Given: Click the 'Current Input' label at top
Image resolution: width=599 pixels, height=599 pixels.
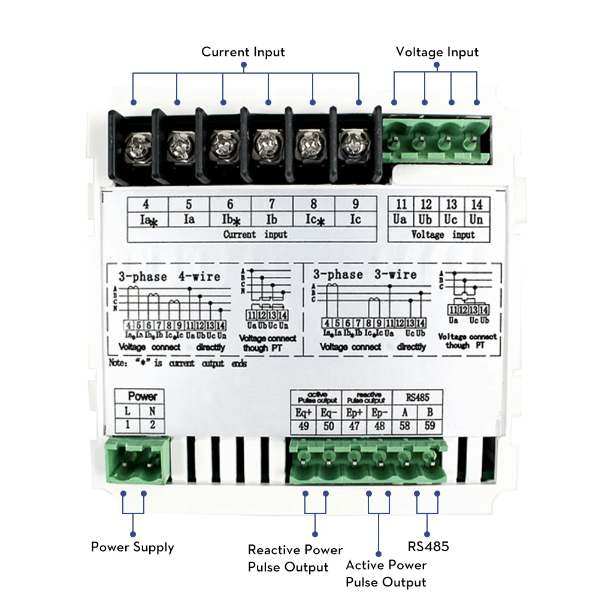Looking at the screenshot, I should tap(243, 52).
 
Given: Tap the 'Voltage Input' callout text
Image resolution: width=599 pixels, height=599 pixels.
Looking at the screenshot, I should tap(437, 52).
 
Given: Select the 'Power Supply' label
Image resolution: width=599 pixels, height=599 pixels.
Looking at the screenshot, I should tap(132, 547).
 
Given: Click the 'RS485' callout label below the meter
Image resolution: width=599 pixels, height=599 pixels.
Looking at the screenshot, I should tap(428, 546).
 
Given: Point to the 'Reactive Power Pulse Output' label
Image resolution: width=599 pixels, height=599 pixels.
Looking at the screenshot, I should tap(295, 558).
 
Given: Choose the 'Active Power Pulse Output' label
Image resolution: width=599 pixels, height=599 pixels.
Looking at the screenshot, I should tap(386, 573).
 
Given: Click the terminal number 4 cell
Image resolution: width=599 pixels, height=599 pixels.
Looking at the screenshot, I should tap(147, 204).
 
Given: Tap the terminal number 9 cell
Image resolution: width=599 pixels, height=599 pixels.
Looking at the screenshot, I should tap(356, 204).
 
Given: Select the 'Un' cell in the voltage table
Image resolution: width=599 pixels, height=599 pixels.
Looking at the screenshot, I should tap(476, 219).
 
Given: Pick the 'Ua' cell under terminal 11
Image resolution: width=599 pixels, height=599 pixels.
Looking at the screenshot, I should tap(400, 219).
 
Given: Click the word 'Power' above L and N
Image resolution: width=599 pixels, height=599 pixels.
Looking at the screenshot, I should tap(143, 397).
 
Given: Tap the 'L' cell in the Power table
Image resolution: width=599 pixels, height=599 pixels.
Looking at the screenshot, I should tap(127, 412).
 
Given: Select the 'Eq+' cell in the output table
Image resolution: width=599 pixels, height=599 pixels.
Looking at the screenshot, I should tap(304, 412).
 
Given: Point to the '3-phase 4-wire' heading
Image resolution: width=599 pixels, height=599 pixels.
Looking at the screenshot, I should tap(169, 277).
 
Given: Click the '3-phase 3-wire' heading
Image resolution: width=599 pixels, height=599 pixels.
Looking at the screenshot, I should tap(365, 274).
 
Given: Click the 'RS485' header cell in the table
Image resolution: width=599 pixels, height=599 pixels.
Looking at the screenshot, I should tap(418, 397).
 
